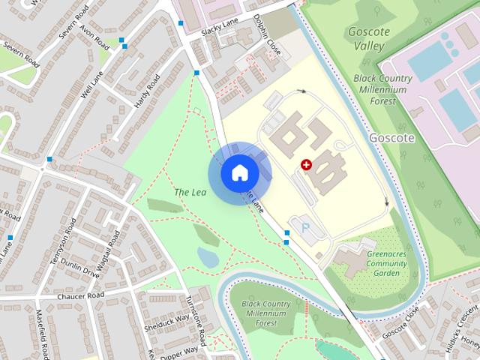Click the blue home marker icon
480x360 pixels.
238,173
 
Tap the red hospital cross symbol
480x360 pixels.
306,165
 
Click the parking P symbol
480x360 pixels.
304,225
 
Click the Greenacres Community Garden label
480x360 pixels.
387,263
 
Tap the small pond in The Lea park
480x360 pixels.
208,258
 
